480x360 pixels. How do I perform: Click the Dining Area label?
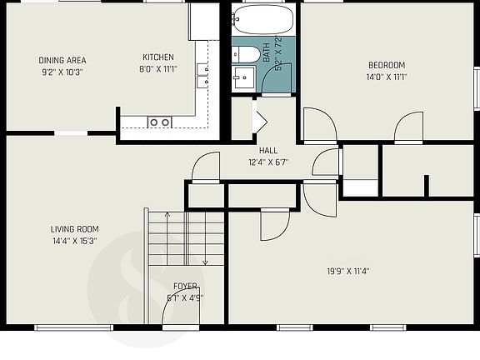click(62, 60)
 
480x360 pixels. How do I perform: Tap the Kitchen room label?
click(157, 57)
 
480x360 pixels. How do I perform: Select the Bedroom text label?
click(387, 65)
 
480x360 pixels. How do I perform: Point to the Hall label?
click(268, 150)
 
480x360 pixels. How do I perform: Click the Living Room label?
click(74, 229)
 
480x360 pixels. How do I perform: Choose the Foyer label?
click(185, 286)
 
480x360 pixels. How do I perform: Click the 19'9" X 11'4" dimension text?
click(348, 271)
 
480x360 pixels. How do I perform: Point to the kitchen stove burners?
click(159, 122)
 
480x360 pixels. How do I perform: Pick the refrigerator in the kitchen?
click(203, 21)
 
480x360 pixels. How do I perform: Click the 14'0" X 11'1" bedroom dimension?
click(387, 77)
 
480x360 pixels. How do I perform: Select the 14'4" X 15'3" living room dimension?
click(74, 241)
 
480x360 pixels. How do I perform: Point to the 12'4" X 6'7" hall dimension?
click(268, 162)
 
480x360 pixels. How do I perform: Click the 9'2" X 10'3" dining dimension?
click(62, 72)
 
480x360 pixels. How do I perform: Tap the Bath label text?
click(267, 55)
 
